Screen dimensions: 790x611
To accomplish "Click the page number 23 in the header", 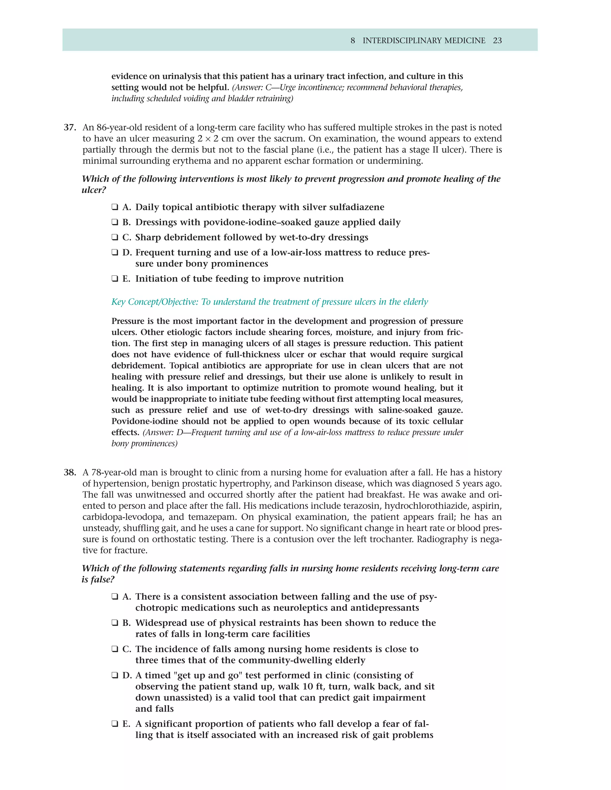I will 497,41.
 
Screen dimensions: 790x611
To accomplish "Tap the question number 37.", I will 70,127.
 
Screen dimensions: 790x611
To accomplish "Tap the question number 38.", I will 70,473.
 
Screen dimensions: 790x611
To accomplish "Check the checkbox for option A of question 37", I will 115,207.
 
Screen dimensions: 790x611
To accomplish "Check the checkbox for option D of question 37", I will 115,253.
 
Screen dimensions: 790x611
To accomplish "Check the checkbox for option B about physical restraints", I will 115,623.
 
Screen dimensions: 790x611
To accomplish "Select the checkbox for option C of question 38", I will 115,649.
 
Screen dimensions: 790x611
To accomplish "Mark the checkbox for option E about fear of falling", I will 115,724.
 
